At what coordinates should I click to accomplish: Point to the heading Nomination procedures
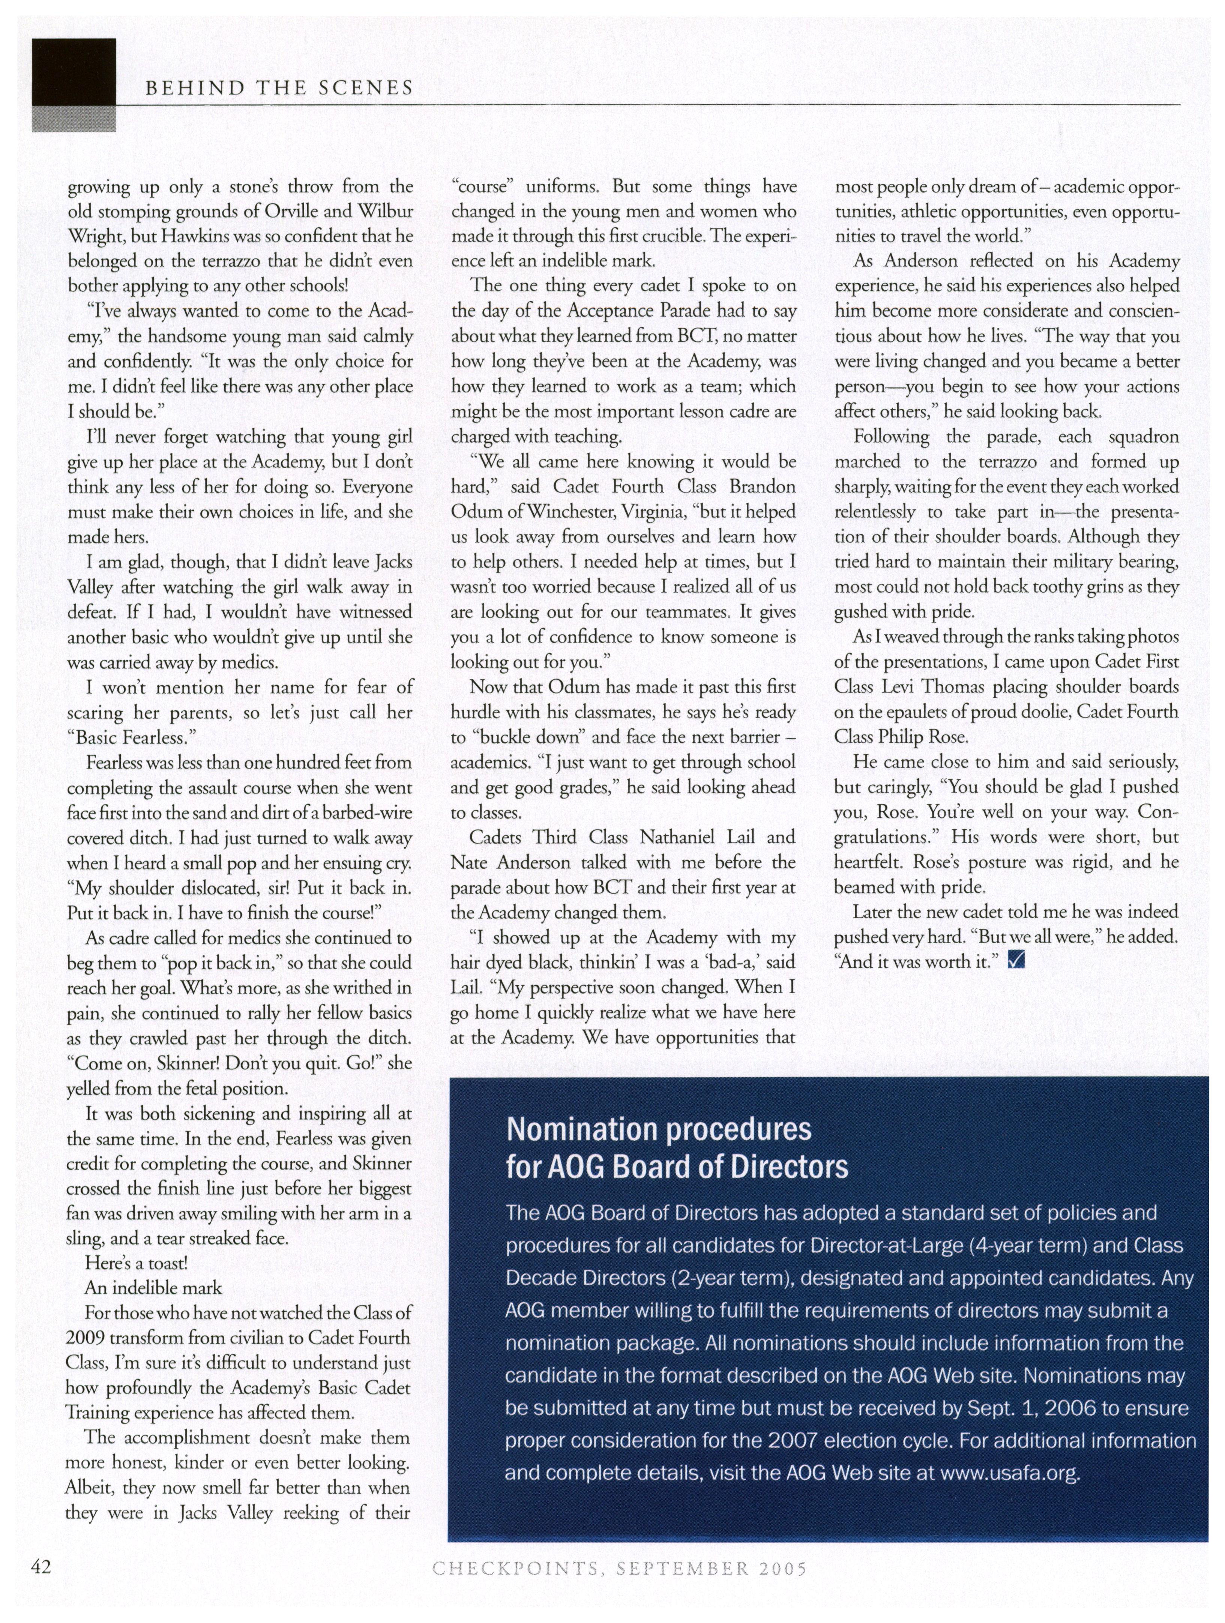(659, 1129)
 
